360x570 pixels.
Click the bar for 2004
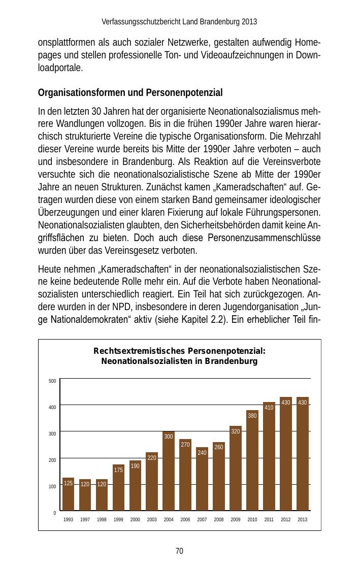coord(169,471)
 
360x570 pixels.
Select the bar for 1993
coord(69,494)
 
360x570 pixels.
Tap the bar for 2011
coord(269,456)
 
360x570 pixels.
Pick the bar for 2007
coord(202,479)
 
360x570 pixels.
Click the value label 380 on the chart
coord(252,416)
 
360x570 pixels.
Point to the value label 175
coord(118,470)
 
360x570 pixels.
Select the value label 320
coord(236,431)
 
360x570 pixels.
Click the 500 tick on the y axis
coord(52,381)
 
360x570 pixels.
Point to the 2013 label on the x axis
coord(303,520)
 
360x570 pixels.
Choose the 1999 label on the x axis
coord(118,520)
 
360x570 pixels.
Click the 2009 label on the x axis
coord(236,520)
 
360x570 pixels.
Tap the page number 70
coord(179,551)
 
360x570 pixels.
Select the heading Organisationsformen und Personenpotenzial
coord(130,93)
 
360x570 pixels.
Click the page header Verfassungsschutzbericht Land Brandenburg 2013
coord(179,22)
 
